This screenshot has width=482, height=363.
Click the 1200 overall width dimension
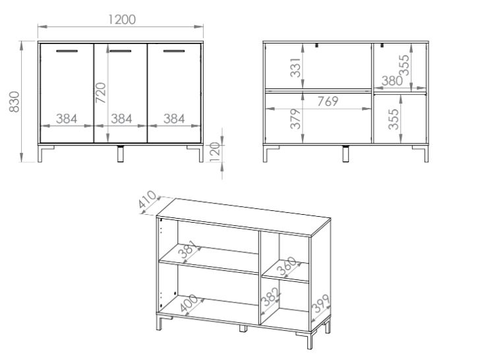122,20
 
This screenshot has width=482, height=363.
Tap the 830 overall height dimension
14,101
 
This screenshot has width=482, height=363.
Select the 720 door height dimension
100,93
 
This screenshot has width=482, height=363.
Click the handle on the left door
67,51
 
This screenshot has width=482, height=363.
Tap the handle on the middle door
121,51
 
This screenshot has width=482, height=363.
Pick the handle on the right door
174,51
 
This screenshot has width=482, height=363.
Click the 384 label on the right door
174,119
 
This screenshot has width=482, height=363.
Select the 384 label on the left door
67,119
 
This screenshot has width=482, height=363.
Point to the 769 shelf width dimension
328,101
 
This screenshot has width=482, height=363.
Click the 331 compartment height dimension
295,68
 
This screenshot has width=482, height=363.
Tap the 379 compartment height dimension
295,119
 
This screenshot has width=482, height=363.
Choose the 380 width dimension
392,81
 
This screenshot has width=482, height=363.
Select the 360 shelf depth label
287,266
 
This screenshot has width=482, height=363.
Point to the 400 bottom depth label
189,304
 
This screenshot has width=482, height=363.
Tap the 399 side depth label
320,304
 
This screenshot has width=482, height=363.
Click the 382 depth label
270,296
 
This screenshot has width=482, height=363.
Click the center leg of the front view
121,154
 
